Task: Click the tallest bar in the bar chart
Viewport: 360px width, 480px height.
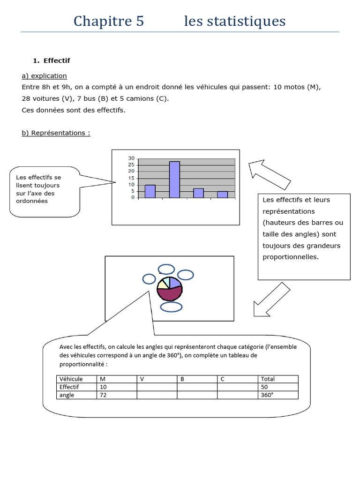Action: pos(174,180)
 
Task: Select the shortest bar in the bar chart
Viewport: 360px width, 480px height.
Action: pos(222,194)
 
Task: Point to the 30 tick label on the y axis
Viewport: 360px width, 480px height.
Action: pos(131,158)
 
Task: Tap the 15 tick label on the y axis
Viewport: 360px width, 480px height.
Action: pos(131,178)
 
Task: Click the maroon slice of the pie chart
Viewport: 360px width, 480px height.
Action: pos(169,294)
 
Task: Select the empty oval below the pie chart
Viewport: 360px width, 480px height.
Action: pos(172,307)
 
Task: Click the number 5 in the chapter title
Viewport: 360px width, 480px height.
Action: pos(140,21)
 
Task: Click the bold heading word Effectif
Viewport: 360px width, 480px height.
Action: pos(57,60)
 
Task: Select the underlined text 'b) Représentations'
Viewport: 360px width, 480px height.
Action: pos(56,133)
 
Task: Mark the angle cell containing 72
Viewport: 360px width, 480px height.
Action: pos(116,395)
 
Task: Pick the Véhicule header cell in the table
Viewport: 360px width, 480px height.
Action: pos(76,379)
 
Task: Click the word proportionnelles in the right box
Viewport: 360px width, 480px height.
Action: pos(290,257)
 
